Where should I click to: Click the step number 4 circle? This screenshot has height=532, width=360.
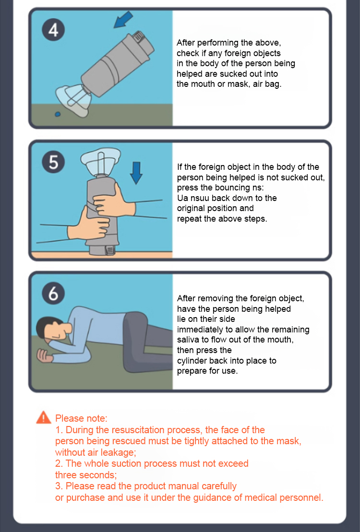(x=53, y=30)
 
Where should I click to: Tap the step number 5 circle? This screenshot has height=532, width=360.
(x=53, y=162)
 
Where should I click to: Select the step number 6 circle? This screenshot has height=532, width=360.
(x=53, y=293)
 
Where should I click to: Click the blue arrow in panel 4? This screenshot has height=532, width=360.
(x=123, y=19)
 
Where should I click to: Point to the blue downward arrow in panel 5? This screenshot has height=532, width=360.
(x=136, y=173)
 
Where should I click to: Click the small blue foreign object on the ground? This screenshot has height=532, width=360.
(x=58, y=114)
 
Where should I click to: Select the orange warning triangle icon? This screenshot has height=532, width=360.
(x=44, y=418)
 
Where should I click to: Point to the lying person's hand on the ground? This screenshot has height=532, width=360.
(x=44, y=356)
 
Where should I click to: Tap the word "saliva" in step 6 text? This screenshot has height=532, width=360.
(x=188, y=340)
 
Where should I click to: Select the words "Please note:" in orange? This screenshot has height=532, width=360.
(x=81, y=418)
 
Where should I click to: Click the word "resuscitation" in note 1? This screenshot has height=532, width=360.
(x=139, y=430)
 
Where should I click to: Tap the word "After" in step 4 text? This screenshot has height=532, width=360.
(x=185, y=43)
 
